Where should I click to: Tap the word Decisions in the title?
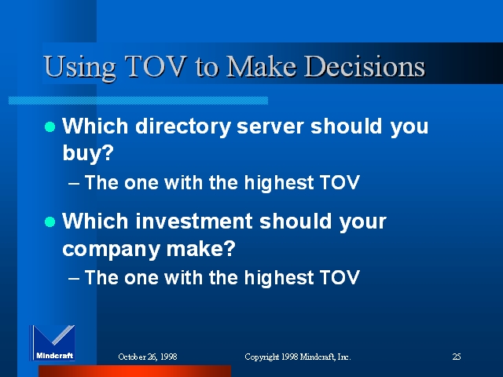pos(365,66)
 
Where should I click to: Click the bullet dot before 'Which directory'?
pos(50,126)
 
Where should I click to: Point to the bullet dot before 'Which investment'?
pos(50,221)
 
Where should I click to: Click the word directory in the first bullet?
pos(183,127)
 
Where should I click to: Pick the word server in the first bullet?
pos(270,126)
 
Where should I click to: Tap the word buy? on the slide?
pos(88,153)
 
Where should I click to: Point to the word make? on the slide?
pos(201,248)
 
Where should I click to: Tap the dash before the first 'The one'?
pos(74,184)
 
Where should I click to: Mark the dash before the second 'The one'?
pos(74,279)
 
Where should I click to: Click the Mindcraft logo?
pos(53,342)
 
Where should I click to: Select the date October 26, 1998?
pos(148,357)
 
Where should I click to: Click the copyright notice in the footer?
pos(298,357)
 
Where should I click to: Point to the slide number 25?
pos(457,357)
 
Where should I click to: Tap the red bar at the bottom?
pos(134,371)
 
